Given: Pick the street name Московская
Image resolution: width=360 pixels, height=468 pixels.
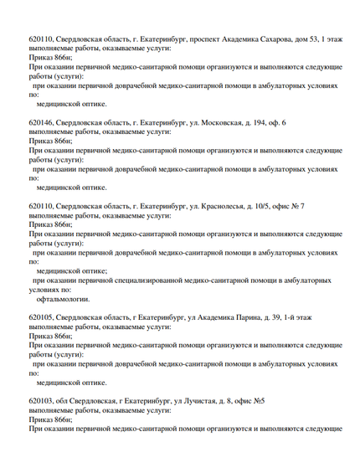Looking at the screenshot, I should (193, 123).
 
